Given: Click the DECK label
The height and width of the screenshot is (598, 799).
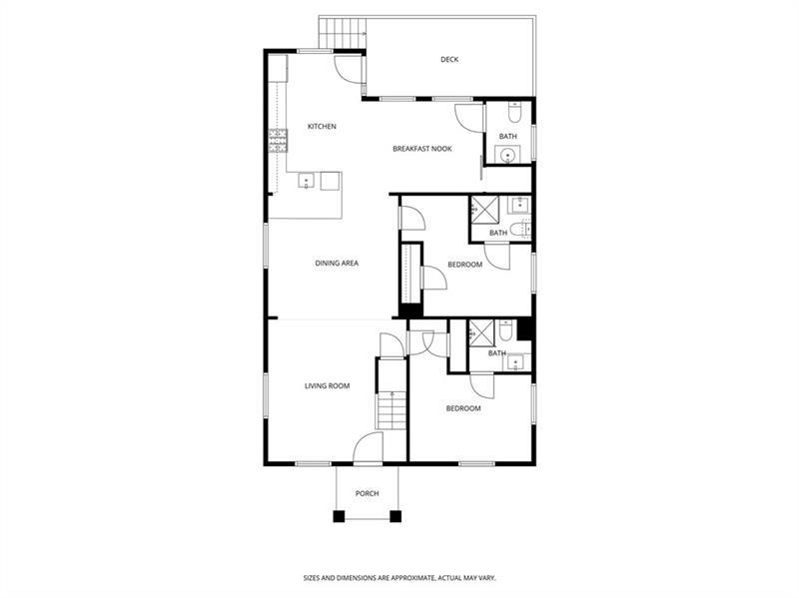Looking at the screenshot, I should [449, 60].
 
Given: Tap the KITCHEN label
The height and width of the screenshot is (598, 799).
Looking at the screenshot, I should [322, 127].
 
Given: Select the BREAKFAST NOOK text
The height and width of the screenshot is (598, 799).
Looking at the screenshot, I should [422, 149].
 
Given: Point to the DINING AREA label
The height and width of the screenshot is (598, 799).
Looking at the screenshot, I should [337, 264].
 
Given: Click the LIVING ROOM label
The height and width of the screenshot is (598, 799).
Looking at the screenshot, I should [327, 385].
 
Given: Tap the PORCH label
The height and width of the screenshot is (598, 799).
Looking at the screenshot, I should [368, 493].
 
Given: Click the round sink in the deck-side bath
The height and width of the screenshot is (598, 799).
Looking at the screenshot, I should [507, 155].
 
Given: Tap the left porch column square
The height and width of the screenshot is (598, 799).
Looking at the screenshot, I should [339, 515].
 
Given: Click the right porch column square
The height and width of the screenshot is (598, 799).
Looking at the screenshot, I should [397, 515].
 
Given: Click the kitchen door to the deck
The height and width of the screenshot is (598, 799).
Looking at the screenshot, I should [348, 67].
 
